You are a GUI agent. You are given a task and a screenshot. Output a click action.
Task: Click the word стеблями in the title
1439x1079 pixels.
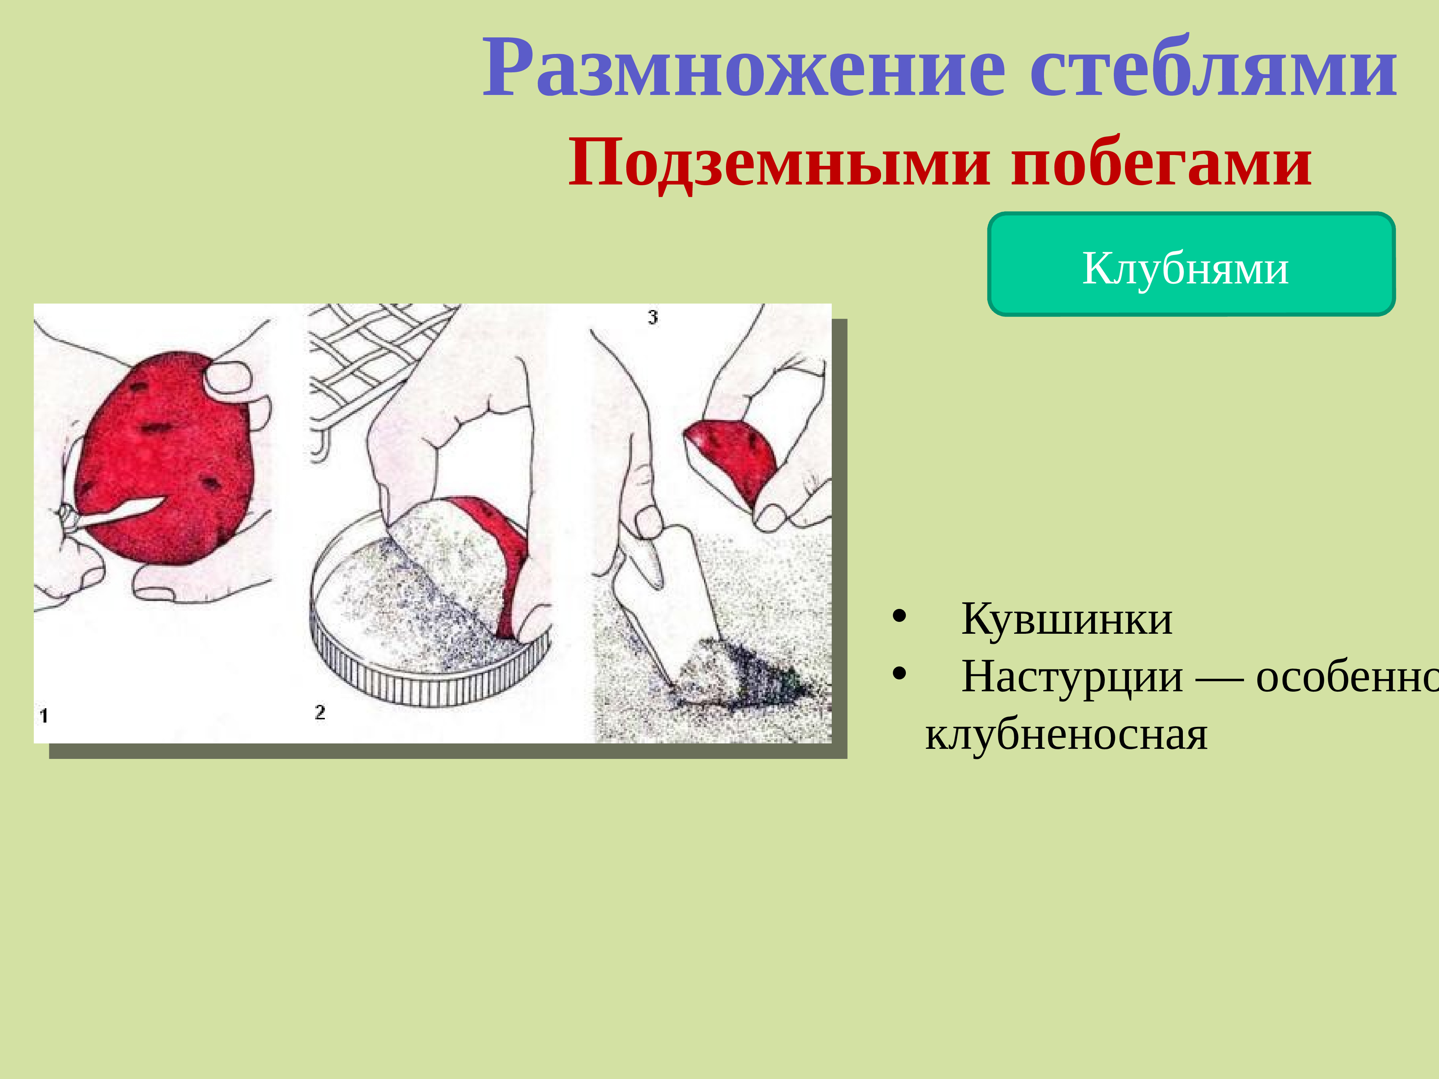click(x=1214, y=68)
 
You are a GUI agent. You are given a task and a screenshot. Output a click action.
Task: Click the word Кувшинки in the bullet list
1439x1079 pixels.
click(x=1067, y=619)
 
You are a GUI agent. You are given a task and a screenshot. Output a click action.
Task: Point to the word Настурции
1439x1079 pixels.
click(x=1072, y=677)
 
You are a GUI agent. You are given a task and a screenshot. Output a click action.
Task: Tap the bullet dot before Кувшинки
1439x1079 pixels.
click(x=899, y=616)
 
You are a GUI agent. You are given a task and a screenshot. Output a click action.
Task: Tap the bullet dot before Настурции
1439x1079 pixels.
click(x=899, y=674)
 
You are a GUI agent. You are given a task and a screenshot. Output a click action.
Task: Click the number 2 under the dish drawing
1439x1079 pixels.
click(x=319, y=712)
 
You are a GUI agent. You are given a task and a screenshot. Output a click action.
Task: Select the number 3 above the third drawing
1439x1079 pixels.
click(x=653, y=317)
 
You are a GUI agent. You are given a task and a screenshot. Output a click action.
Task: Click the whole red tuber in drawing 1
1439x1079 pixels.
click(x=163, y=455)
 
